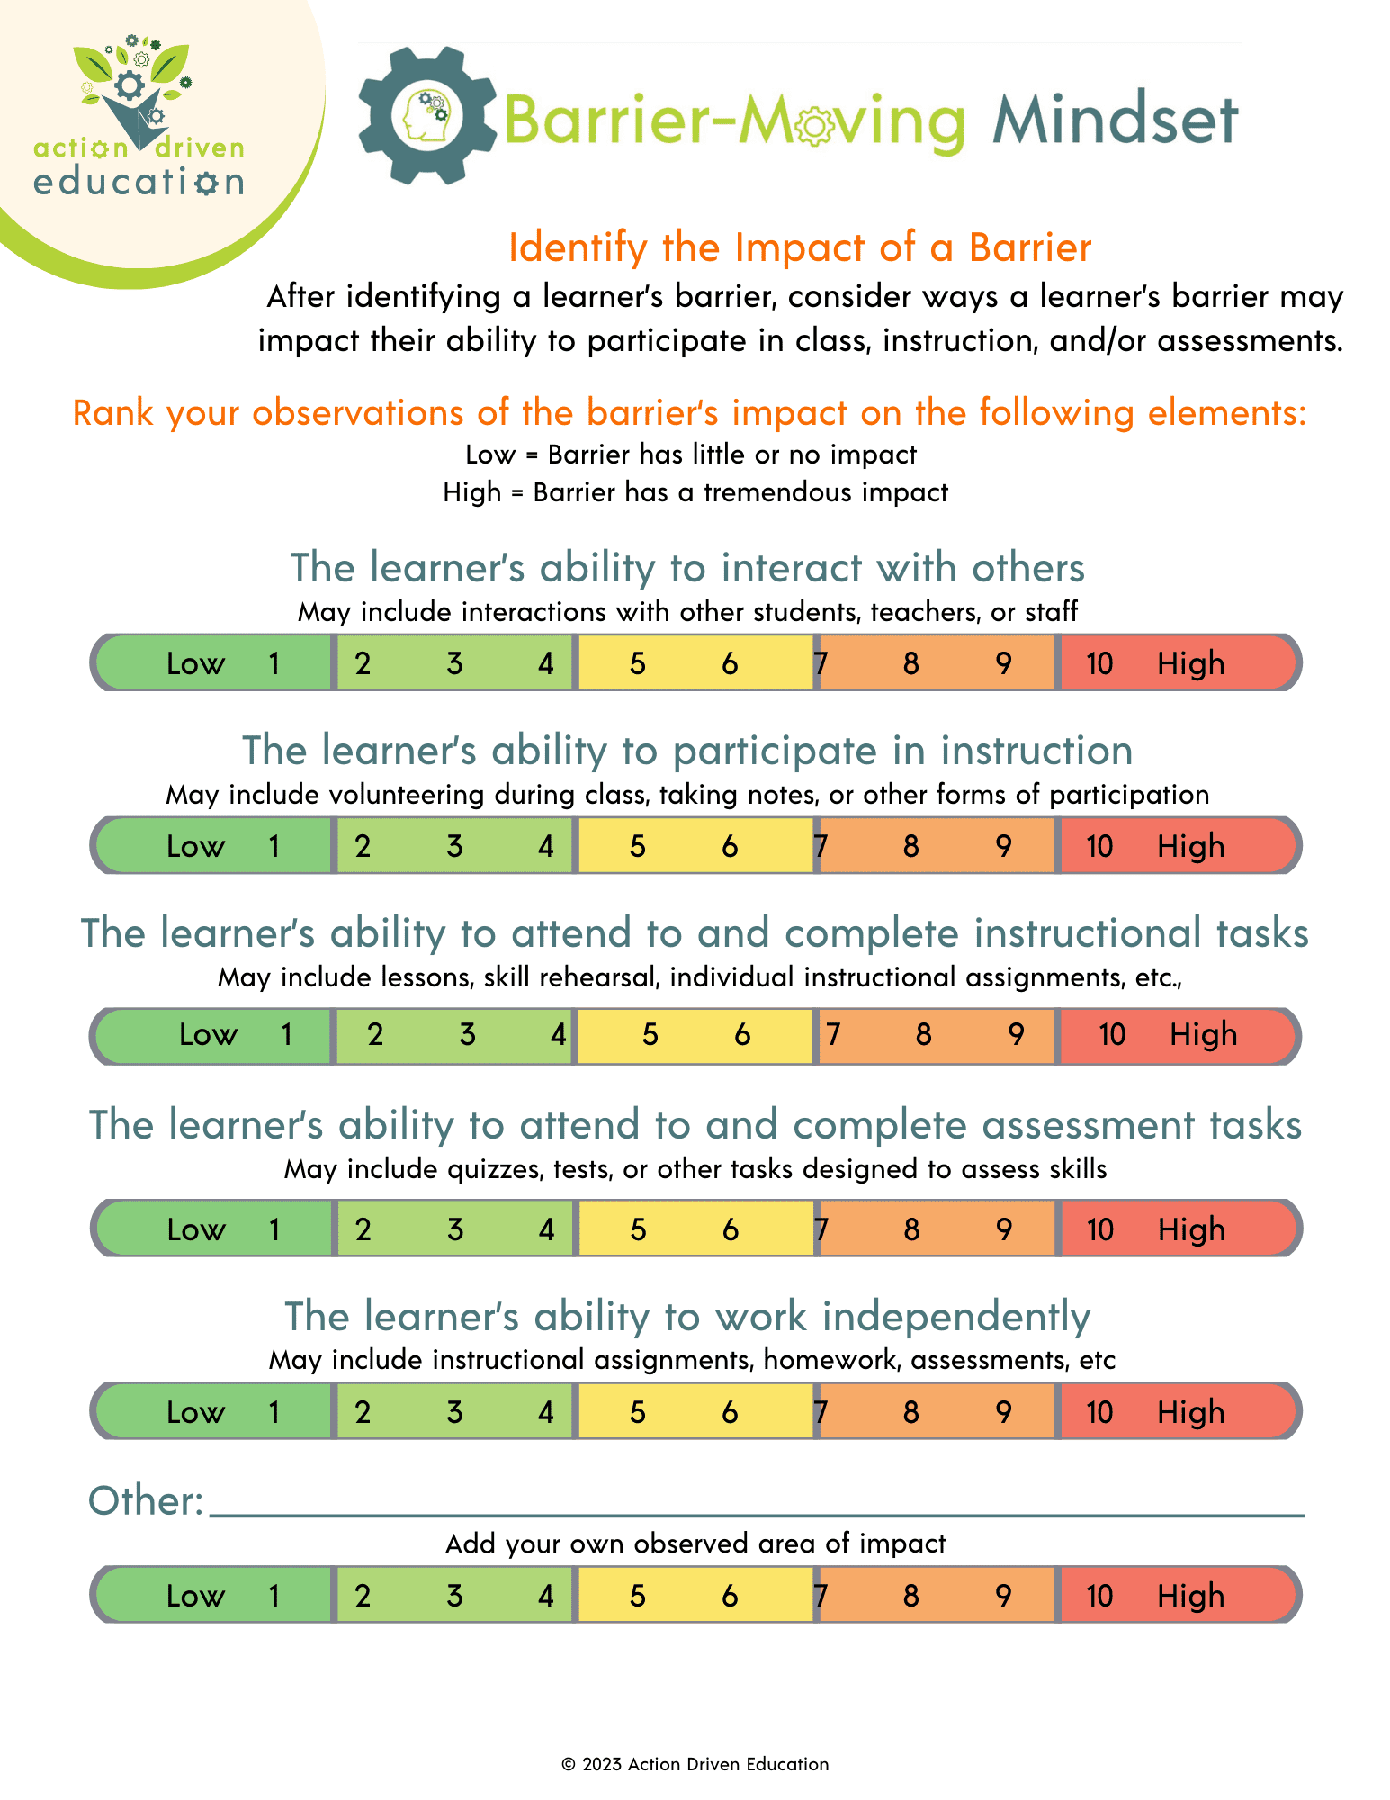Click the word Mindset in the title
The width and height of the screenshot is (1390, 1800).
point(1115,121)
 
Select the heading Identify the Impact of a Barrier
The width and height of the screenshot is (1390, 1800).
point(799,247)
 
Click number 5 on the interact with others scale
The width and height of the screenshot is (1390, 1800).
point(637,664)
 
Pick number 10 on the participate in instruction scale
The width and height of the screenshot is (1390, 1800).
point(1099,847)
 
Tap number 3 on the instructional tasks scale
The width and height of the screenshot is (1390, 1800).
point(467,1035)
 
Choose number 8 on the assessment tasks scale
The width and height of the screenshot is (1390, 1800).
point(911,1230)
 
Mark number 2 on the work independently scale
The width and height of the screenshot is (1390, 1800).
point(363,1413)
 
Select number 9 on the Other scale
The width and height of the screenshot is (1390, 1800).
point(1003,1597)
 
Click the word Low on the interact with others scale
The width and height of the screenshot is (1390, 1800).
point(195,664)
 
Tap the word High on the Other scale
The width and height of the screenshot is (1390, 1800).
point(1190,1597)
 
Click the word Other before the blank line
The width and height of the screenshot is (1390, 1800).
point(144,1501)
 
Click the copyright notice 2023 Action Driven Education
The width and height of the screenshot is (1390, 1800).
point(695,1764)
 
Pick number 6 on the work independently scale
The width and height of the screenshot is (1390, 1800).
point(730,1413)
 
